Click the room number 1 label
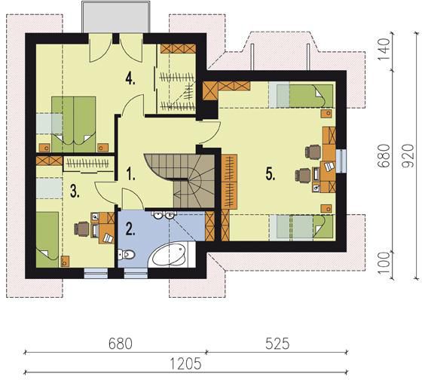(130, 173)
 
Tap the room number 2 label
(130, 229)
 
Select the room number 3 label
(75, 192)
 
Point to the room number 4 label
(130, 79)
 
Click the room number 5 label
(271, 173)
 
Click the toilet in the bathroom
(127, 255)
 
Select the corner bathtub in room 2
(172, 255)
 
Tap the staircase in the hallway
(180, 181)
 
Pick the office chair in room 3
(82, 229)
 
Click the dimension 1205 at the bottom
(185, 364)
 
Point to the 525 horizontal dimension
(277, 344)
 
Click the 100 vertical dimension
(384, 263)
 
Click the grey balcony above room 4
(116, 18)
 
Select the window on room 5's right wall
(341, 161)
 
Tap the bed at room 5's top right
(301, 97)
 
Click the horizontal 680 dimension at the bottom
(121, 344)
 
